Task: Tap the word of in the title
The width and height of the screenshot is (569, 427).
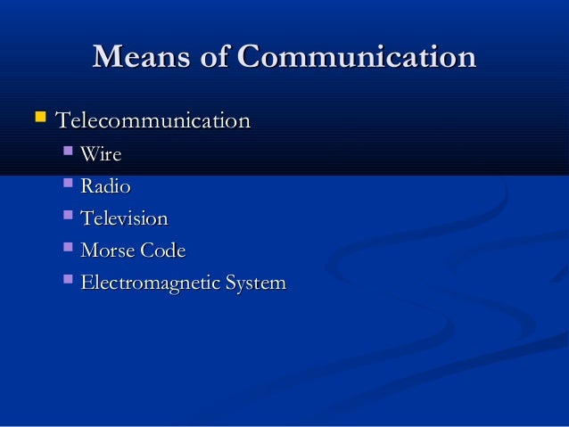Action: pyautogui.click(x=219, y=58)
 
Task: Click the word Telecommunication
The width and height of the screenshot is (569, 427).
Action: pyautogui.click(x=153, y=119)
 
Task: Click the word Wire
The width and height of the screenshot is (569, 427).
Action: pyautogui.click(x=101, y=155)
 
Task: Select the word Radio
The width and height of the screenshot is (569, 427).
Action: pyautogui.click(x=105, y=187)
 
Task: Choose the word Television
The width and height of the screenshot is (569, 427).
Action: pyautogui.click(x=124, y=219)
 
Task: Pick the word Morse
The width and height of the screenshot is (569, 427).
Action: pyautogui.click(x=107, y=251)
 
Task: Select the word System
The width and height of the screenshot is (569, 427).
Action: pyautogui.click(x=258, y=283)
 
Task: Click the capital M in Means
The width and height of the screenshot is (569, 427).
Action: pyautogui.click(x=106, y=58)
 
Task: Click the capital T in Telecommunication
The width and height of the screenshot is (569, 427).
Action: pyautogui.click(x=63, y=119)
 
